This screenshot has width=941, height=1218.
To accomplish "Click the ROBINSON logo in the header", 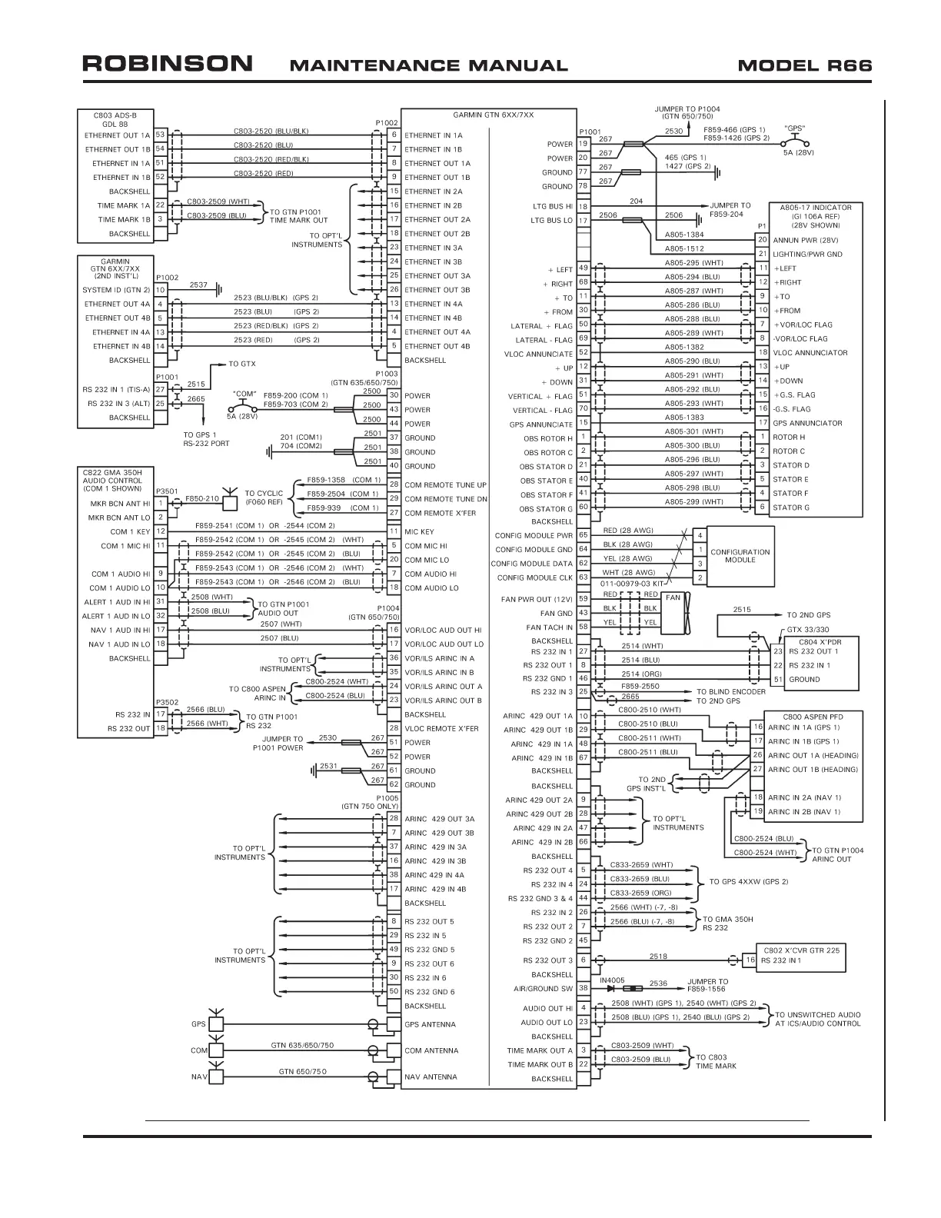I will [168, 64].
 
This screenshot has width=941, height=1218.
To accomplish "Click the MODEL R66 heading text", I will [804, 65].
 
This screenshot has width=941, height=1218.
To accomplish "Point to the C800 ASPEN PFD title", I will [813, 716].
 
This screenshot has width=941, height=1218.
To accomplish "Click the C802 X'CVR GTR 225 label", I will [802, 950].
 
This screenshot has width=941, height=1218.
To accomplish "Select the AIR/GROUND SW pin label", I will [543, 989].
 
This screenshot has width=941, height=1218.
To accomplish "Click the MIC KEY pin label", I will [419, 531].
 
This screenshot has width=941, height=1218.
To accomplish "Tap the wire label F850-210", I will [202, 498].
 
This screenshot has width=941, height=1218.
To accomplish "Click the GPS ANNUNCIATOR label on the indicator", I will [807, 423].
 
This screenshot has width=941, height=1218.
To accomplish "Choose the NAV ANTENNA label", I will [431, 1077].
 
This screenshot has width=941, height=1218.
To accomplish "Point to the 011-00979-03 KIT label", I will [632, 584].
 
